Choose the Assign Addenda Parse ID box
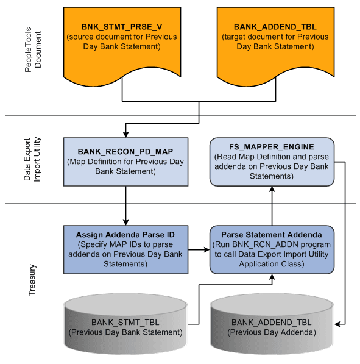point(125,249)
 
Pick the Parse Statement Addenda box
point(272,249)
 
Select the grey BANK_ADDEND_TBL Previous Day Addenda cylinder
point(272,326)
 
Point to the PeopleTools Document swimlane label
point(33,58)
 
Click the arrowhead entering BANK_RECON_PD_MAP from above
point(125,134)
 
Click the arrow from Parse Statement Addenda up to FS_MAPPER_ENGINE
point(272,205)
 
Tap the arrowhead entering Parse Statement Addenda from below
point(272,278)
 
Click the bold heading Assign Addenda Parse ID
point(125,235)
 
